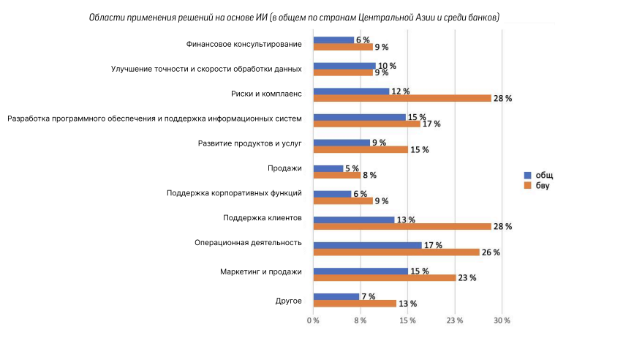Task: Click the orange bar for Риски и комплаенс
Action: click(x=401, y=98)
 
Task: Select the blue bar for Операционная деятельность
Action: click(x=367, y=245)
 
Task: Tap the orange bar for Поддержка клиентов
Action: click(x=401, y=226)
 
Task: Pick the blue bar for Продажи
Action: click(x=328, y=168)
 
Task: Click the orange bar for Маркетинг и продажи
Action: click(x=384, y=278)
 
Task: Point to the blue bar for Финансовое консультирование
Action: click(x=333, y=40)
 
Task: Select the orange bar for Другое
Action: click(x=355, y=304)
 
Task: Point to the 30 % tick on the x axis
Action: click(x=502, y=321)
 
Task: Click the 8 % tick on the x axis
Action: click(x=361, y=321)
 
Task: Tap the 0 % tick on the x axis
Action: click(x=313, y=321)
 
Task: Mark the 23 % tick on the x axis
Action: click(x=455, y=321)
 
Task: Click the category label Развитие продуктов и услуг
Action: click(x=250, y=143)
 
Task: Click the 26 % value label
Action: click(x=490, y=252)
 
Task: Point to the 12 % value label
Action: click(x=401, y=91)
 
